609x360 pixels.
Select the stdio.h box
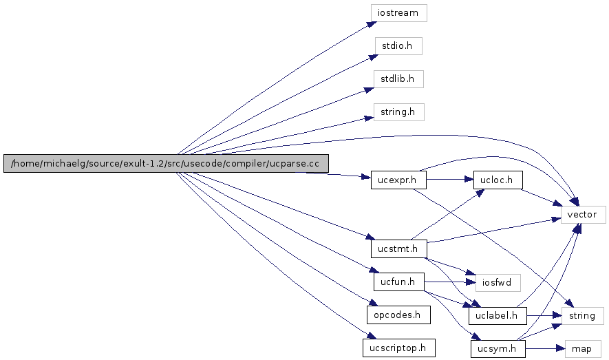tap(398, 46)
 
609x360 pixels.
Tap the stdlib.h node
tap(398, 78)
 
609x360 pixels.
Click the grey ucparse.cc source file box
tap(166, 163)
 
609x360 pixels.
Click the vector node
tap(584, 215)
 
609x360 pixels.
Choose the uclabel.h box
tap(498, 315)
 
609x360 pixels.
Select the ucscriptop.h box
tap(398, 348)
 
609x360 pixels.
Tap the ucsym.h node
tap(498, 349)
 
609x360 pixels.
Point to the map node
tap(583, 349)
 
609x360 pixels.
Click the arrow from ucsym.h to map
tap(544, 349)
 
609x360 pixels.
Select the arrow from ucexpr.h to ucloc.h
tap(450, 180)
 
